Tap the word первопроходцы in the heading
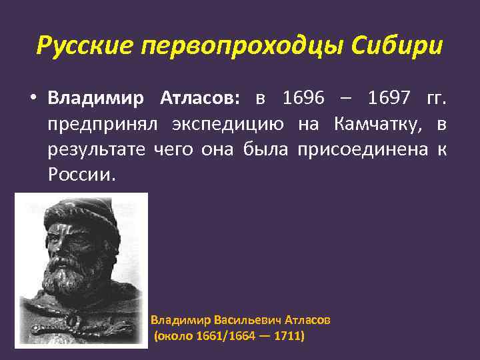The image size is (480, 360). [x=237, y=47]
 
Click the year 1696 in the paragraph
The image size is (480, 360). [x=303, y=99]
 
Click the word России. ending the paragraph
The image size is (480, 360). [x=81, y=175]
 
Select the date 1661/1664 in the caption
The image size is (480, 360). [x=218, y=337]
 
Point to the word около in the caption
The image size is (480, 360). [x=175, y=337]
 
